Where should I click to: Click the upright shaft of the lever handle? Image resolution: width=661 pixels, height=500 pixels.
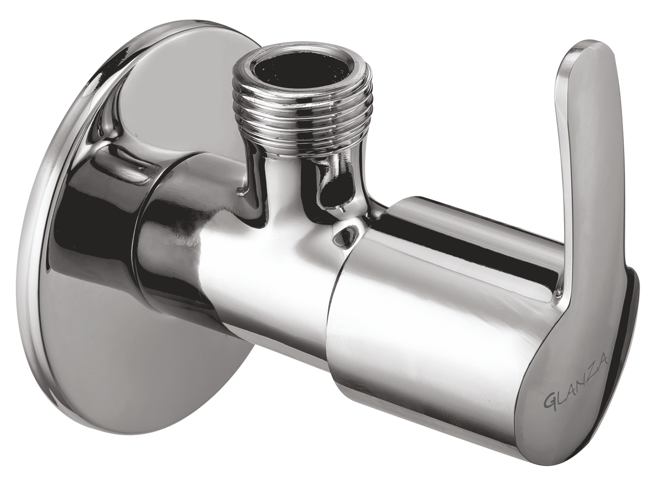(578, 165)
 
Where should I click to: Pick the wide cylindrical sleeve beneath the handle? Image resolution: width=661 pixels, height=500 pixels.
(430, 308)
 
